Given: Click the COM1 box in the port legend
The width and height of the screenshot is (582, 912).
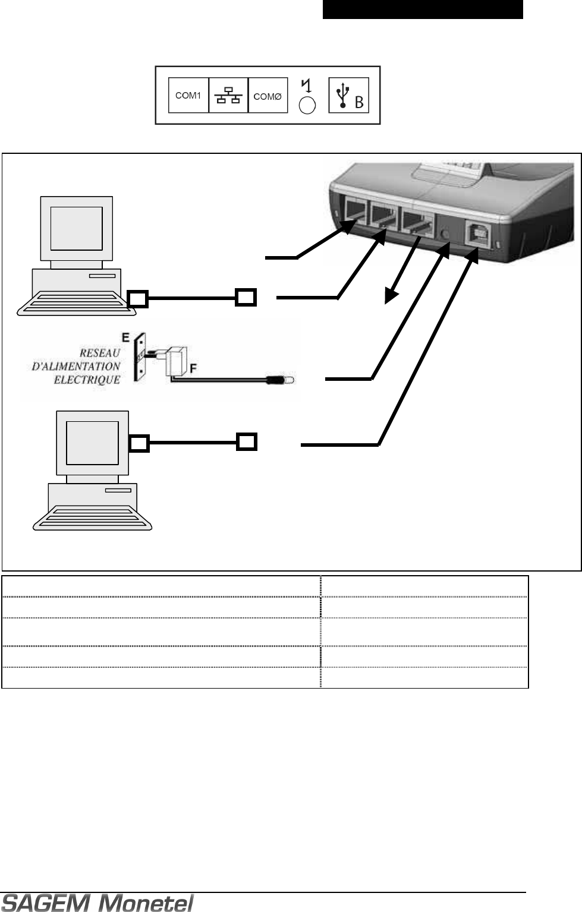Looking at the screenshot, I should pos(188,95).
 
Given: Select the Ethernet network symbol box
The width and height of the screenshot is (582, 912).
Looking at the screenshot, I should pos(228,95).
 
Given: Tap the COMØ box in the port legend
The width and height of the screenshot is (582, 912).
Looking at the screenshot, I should pos(268,96).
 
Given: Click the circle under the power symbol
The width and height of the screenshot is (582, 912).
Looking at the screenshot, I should pos(307,105).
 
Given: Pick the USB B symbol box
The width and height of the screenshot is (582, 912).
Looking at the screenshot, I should pos(349,95).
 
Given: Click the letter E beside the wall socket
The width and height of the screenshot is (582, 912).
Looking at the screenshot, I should pos(125,336).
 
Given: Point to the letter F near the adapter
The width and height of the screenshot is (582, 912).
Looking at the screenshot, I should pos(193,369).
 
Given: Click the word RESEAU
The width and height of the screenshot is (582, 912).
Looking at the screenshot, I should pos(100,353).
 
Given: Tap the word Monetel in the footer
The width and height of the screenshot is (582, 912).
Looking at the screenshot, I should pos(149,903).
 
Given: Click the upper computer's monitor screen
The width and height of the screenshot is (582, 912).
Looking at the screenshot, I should pos(76,229).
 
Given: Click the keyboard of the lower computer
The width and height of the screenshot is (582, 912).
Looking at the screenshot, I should pos(92,517).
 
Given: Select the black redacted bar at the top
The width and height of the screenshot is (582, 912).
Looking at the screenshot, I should pos(423,10).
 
